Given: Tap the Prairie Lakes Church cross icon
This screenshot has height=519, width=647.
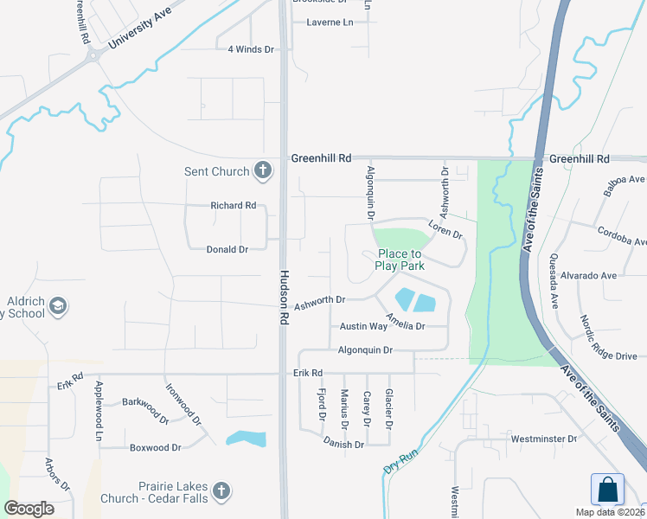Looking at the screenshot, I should [221, 492].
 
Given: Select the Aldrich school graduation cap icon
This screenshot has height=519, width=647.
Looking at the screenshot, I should [58, 305].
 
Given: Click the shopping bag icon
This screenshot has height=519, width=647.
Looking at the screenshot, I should [607, 490].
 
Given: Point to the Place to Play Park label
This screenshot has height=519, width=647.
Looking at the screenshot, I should [400, 259].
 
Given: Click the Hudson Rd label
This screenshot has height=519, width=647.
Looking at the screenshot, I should [283, 296].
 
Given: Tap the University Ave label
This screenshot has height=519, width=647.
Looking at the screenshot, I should [139, 29].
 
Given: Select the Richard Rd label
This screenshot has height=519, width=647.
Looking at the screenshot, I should [234, 206].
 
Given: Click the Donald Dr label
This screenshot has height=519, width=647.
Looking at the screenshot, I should [227, 249].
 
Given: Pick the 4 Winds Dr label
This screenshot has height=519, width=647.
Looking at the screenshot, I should [251, 49].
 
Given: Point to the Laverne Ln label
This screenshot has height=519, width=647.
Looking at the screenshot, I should [330, 22].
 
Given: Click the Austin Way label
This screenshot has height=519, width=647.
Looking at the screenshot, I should [363, 327].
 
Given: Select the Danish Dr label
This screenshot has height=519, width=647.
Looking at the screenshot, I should [343, 445].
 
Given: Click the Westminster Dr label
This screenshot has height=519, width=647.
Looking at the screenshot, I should [543, 439].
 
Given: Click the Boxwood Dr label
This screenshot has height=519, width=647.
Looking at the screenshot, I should [156, 448].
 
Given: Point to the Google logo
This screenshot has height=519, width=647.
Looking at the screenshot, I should [29, 509].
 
